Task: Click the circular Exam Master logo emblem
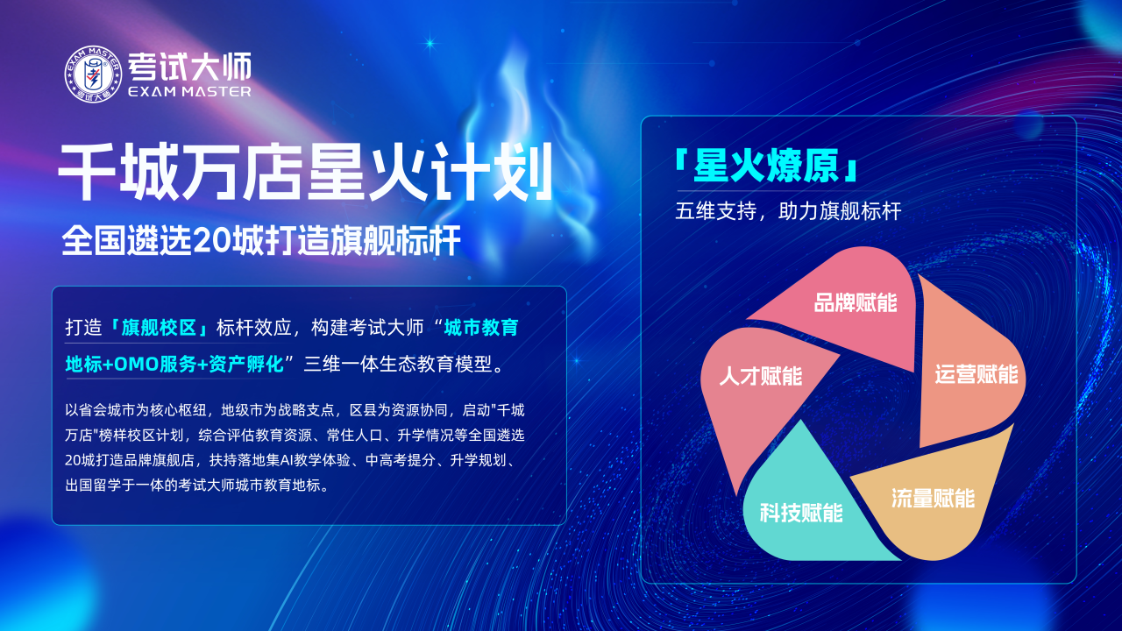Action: (93, 74)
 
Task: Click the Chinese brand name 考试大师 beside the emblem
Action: (190, 67)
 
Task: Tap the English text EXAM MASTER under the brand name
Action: (190, 92)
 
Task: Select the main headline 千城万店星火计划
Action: (306, 172)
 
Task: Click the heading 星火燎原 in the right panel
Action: (766, 166)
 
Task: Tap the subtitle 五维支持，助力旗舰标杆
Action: (788, 211)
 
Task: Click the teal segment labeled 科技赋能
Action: (801, 511)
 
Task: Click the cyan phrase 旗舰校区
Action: (159, 328)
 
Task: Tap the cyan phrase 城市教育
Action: (481, 328)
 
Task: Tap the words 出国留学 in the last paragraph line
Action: (93, 486)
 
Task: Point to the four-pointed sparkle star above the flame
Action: (430, 44)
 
